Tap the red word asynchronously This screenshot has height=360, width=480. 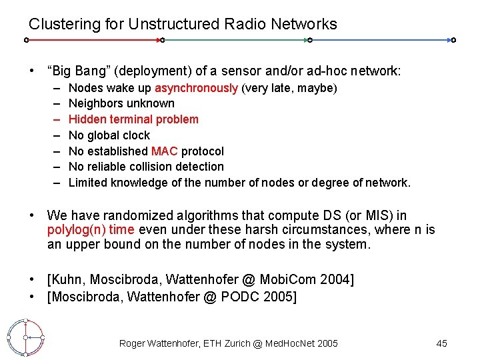(x=196, y=88)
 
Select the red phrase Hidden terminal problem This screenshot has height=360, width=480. (x=133, y=119)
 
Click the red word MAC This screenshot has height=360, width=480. (x=164, y=151)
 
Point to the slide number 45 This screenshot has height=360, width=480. (x=441, y=343)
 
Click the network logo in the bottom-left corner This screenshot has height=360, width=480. (x=25, y=338)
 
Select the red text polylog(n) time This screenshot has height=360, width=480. (x=91, y=230)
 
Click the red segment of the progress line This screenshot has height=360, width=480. (x=93, y=40)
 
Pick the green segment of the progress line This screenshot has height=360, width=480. (x=235, y=40)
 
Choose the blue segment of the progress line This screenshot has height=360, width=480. (x=381, y=40)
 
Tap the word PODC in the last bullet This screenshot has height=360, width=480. (x=249, y=297)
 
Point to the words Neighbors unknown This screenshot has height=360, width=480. (x=121, y=103)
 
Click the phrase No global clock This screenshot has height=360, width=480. (x=109, y=135)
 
